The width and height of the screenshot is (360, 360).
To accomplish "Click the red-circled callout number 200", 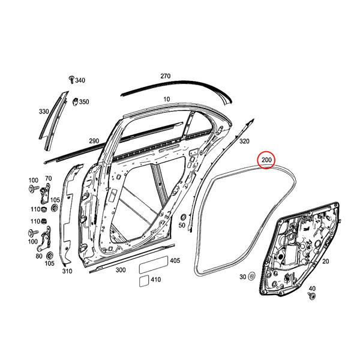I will (266, 160).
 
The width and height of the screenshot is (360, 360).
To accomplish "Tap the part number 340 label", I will (80, 80).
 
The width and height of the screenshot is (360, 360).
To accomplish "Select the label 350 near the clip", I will (83, 102).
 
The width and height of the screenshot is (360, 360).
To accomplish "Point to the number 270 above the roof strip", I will (166, 76).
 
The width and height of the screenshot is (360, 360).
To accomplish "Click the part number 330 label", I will (44, 112).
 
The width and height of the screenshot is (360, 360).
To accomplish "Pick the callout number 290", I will (94, 141).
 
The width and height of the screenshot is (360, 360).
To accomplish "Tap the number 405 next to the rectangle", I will (175, 261).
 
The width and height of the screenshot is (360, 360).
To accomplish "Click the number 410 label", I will (155, 280).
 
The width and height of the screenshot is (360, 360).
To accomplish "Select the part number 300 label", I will (121, 271).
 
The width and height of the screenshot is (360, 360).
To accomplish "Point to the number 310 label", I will (67, 271).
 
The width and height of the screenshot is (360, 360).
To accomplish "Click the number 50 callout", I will (182, 225).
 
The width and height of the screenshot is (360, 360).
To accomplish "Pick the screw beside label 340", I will (71, 79).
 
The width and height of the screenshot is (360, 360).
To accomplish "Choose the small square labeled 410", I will (144, 280).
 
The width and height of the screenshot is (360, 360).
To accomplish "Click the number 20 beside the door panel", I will (326, 262).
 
